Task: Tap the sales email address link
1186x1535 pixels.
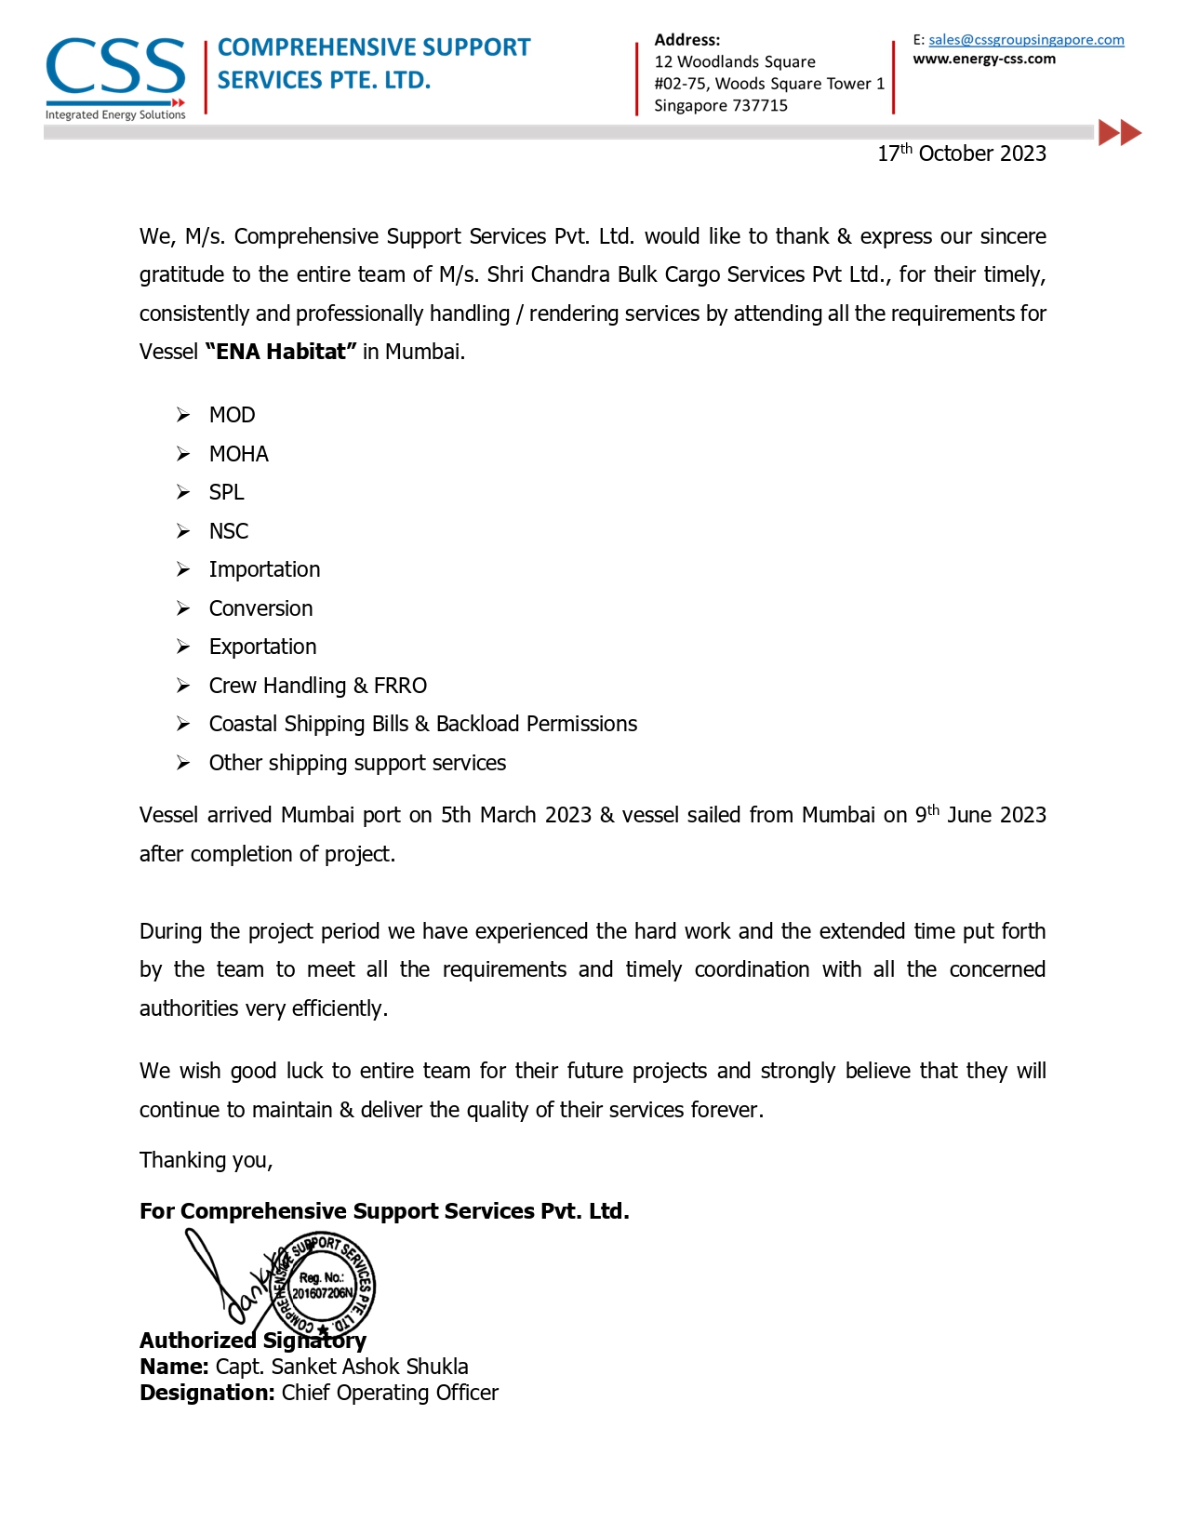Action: pos(1026,40)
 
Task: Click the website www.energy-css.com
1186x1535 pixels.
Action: pos(984,60)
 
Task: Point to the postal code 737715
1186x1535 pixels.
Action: pos(760,106)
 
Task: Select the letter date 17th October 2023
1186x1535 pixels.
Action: pos(962,153)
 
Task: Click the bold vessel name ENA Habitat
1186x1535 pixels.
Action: pos(281,352)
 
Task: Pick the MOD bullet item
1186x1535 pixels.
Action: pos(232,415)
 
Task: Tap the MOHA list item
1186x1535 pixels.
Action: pos(238,454)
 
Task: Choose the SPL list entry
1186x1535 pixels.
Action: pos(226,492)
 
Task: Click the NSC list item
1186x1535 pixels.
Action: pos(228,531)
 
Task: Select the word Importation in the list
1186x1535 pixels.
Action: pos(264,569)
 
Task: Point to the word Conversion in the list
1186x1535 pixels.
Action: pos(260,608)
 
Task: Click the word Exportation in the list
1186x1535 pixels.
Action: pos(262,647)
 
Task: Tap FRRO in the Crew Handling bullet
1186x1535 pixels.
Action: pos(400,686)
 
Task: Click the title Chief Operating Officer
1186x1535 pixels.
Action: pos(390,1393)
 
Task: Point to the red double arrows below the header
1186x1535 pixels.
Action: pos(1119,133)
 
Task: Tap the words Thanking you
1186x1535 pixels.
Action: pos(206,1160)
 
